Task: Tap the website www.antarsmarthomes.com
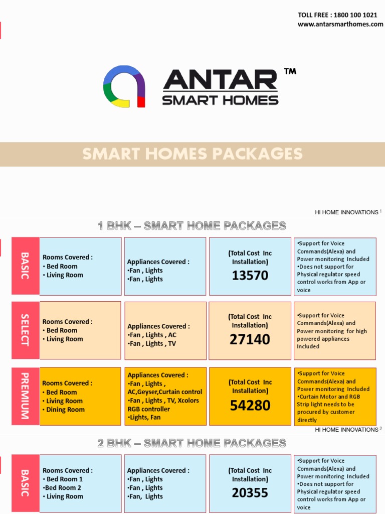[x=340, y=24]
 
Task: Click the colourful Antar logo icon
[x=124, y=86]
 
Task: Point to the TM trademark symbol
[x=290, y=72]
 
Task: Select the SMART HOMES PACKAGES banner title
[x=192, y=154]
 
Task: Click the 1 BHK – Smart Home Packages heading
[x=192, y=226]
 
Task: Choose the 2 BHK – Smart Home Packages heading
[x=192, y=443]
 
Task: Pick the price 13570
[x=250, y=276]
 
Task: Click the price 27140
[x=250, y=340]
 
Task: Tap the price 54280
[x=250, y=405]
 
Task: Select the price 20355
[x=250, y=493]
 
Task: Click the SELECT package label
[x=25, y=330]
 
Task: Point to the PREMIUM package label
[x=25, y=396]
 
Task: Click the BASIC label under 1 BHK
[x=25, y=266]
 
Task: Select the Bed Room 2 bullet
[x=62, y=487]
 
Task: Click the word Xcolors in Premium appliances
[x=188, y=401]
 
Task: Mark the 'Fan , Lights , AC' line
[x=152, y=335]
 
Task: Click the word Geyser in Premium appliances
[x=147, y=392]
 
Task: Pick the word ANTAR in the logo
[x=221, y=80]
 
